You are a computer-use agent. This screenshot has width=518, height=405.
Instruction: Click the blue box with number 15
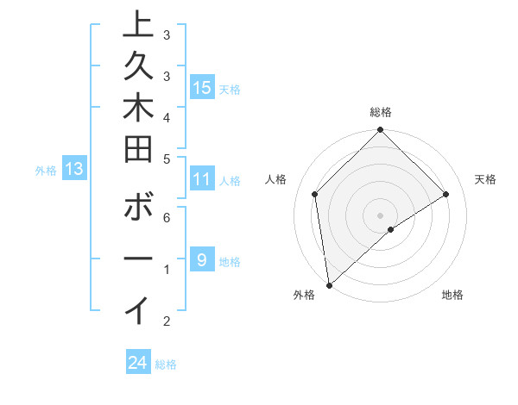[x=202, y=87]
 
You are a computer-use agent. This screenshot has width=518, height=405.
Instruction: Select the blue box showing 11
[x=202, y=179]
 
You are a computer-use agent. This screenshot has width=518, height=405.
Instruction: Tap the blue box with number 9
[x=202, y=260]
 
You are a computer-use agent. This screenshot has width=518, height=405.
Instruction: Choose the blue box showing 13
[x=74, y=169]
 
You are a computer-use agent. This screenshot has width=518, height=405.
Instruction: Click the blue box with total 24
[x=138, y=363]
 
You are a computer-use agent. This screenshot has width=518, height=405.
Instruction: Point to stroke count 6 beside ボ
[x=167, y=220]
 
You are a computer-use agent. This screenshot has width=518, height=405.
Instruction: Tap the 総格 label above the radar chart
[x=381, y=112]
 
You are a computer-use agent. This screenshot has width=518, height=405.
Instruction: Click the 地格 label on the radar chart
[x=452, y=296]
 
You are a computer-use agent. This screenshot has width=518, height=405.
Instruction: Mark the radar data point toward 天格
[x=446, y=194]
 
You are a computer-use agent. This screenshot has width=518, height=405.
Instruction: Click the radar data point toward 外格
[x=329, y=284]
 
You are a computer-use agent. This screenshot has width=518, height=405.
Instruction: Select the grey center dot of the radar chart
[x=381, y=215]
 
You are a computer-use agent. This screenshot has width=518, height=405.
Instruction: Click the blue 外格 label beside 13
[x=46, y=171]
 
